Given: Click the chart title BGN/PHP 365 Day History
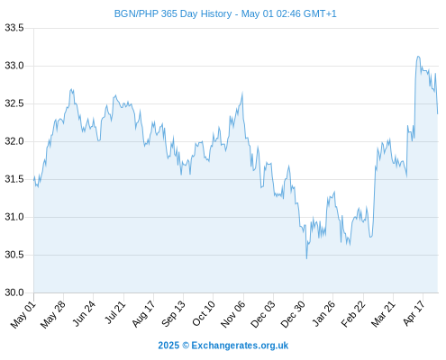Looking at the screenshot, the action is [173, 13].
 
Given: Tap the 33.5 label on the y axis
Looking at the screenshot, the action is [14, 28].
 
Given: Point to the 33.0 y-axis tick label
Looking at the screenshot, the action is [14, 66].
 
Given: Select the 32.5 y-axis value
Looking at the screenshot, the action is [14, 103].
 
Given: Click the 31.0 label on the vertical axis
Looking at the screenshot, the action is [14, 217].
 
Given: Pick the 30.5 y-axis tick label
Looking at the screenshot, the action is [14, 255].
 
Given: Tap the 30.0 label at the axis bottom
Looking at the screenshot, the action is [14, 292].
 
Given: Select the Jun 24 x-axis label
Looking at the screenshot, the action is [84, 313].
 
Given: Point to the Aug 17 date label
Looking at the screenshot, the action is [143, 313].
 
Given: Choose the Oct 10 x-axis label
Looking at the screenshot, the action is [204, 313].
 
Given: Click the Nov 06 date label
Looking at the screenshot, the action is [233, 314].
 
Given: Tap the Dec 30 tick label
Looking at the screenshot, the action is [293, 314].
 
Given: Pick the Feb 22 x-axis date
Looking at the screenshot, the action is [353, 313].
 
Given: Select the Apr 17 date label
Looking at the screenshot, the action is [414, 313].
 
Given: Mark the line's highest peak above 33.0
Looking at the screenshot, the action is [418, 56].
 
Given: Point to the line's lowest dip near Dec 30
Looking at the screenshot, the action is [306, 258].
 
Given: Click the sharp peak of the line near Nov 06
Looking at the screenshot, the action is [242, 93].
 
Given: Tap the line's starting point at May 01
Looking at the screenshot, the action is [34, 180].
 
